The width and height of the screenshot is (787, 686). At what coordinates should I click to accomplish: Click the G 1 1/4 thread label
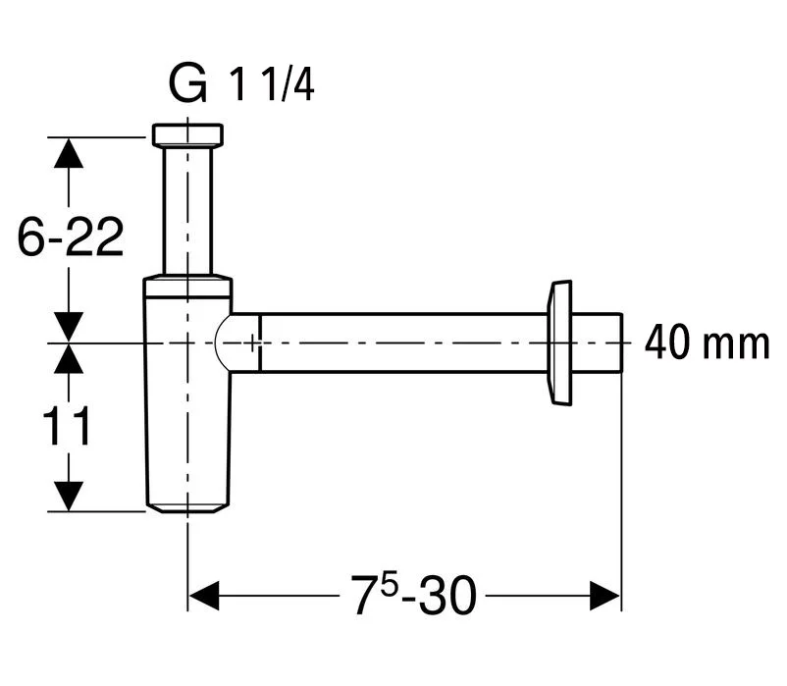coord(241,86)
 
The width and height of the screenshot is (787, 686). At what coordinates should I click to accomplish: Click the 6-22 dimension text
coord(72,237)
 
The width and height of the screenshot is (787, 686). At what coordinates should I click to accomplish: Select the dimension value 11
coord(68,427)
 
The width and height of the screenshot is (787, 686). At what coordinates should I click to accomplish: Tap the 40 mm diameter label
coord(706,343)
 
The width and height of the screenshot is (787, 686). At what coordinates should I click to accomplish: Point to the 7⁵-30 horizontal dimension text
coord(413,596)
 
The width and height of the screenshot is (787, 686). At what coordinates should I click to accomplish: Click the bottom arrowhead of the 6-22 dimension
coord(68,326)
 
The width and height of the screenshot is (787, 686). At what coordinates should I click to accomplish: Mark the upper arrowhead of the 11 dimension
coord(68,359)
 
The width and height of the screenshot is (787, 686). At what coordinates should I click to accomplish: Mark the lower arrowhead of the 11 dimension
coord(68,497)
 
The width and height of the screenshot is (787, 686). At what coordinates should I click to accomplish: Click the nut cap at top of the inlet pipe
coord(187,134)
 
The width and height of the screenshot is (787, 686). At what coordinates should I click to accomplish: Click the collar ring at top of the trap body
coord(187,287)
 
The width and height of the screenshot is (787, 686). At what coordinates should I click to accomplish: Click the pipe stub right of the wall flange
coord(599,343)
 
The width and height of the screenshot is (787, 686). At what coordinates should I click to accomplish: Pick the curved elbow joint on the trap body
coord(232,343)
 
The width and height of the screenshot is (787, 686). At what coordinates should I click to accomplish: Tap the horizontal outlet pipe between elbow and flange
coord(402,343)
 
